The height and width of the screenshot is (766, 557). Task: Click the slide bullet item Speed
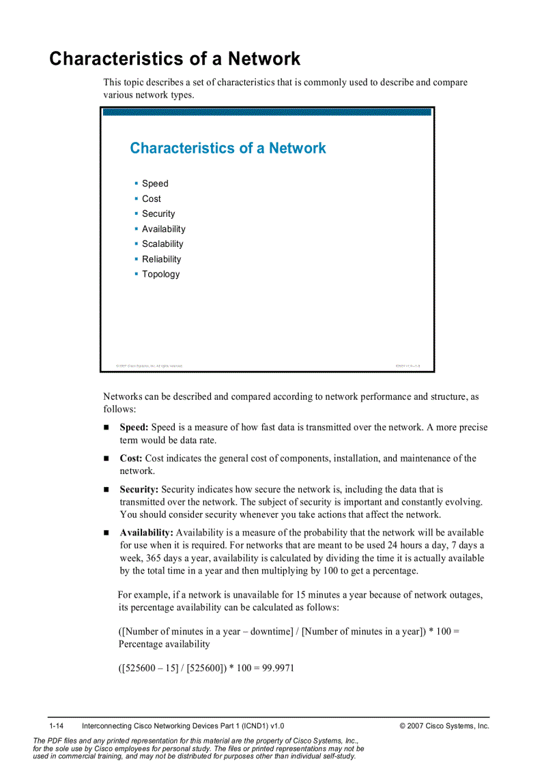155,183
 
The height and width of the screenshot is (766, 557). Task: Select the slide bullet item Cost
152,198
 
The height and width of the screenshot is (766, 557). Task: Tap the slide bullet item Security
158,213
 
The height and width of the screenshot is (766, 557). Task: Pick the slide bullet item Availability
164,229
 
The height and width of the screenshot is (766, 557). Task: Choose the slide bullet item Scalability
162,244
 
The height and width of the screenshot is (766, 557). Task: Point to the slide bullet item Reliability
162,259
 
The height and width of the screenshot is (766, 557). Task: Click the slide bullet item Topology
161,274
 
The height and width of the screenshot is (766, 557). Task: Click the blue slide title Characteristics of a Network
228,148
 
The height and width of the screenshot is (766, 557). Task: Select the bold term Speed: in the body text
134,428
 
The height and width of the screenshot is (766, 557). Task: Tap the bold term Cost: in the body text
131,458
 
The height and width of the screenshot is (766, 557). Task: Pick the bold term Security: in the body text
139,490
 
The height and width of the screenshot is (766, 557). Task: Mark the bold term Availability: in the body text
146,533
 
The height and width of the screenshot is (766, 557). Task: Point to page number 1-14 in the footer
56,726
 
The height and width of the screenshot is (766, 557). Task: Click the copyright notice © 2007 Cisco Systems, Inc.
444,726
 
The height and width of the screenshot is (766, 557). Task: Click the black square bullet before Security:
106,490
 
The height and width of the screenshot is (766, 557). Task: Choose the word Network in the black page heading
264,59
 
